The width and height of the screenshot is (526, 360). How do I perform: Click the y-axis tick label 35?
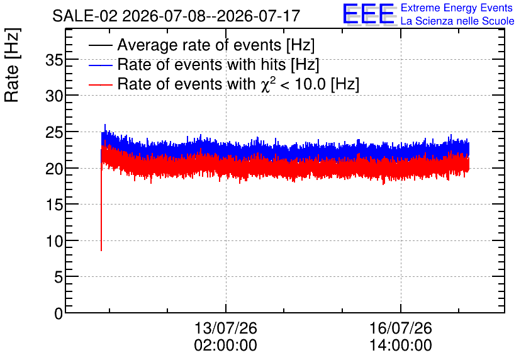(x=54, y=60)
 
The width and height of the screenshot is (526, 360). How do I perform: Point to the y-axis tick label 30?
(x=54, y=97)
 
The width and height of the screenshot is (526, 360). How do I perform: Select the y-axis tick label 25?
(x=54, y=133)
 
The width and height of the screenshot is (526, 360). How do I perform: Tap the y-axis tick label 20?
(x=54, y=169)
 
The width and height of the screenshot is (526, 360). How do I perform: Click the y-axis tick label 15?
(x=54, y=205)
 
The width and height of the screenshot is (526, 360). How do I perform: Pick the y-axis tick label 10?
(x=54, y=241)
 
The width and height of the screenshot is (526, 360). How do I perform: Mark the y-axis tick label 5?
(x=59, y=277)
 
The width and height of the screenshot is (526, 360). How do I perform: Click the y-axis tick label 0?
(x=59, y=313)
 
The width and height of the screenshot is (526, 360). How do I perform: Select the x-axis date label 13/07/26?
(x=225, y=328)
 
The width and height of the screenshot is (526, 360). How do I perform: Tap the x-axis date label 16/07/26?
(x=401, y=328)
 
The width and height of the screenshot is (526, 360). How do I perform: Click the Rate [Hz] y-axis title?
(x=12, y=65)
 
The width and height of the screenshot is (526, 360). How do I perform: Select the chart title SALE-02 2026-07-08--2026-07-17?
(x=176, y=16)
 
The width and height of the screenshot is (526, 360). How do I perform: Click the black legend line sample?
(x=100, y=45)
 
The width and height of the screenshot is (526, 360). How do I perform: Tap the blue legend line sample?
(x=100, y=65)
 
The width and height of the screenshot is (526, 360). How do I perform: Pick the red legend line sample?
(x=100, y=84)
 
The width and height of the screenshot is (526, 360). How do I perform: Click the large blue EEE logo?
(x=369, y=14)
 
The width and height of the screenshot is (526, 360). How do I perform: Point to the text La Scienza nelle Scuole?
(x=457, y=21)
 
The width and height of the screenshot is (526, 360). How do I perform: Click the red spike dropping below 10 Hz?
(x=101, y=209)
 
